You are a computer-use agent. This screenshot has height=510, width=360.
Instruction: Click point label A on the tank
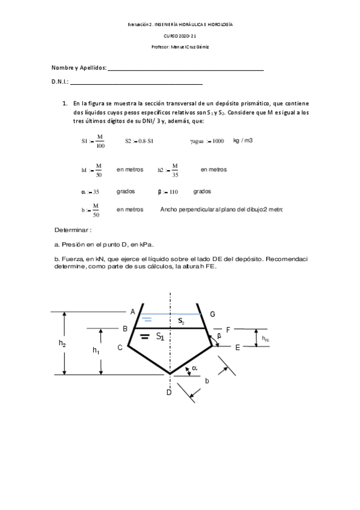point(133,311)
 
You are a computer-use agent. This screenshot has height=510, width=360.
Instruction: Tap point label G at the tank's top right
point(213,314)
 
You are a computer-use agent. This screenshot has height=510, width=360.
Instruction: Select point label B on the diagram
point(125,329)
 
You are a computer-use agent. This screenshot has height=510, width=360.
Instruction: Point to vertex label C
point(120,347)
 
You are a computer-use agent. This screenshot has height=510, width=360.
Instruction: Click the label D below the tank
point(169,393)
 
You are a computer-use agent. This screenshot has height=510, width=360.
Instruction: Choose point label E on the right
point(237,348)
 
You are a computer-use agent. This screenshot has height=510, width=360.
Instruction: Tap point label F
point(228,329)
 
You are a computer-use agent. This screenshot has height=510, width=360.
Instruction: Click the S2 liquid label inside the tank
point(181,322)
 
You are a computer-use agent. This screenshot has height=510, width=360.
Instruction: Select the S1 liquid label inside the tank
point(160,337)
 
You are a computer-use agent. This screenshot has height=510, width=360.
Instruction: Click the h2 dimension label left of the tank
point(62,343)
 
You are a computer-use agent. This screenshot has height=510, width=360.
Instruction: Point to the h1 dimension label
point(96,350)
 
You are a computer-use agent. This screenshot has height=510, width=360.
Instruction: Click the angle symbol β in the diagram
point(219,336)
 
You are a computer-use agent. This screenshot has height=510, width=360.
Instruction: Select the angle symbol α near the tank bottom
point(195,369)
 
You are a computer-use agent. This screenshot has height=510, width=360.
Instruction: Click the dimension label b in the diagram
point(207,381)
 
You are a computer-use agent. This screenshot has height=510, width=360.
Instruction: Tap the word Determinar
point(73,230)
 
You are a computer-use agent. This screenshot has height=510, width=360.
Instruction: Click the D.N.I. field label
point(60,82)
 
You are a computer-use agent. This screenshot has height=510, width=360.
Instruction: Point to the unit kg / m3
point(243,140)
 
